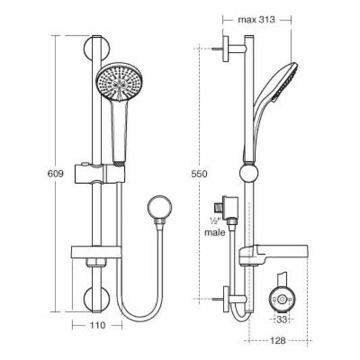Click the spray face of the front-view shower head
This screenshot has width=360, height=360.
(x=119, y=86)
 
